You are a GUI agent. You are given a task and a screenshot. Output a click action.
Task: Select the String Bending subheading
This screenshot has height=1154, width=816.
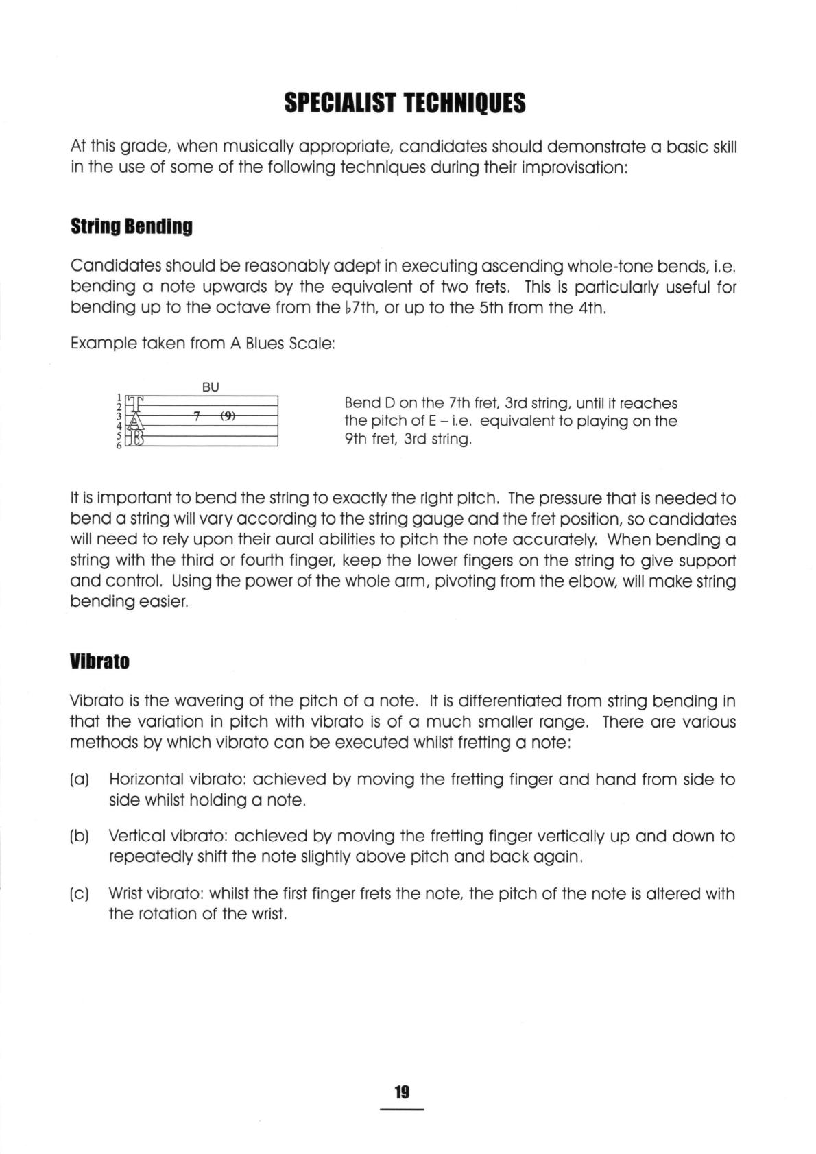point(131,227)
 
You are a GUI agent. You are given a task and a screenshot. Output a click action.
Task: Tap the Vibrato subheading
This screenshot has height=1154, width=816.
point(99,662)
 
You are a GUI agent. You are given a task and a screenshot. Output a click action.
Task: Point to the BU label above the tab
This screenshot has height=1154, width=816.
point(211,387)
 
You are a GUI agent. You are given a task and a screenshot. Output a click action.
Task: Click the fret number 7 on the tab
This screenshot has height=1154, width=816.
point(197,416)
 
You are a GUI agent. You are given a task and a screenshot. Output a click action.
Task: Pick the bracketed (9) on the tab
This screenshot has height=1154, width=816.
point(228,416)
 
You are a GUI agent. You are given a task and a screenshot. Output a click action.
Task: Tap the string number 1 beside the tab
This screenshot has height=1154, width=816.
point(119,396)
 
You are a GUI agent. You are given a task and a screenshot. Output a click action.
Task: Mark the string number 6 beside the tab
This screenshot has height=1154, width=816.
point(119,446)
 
